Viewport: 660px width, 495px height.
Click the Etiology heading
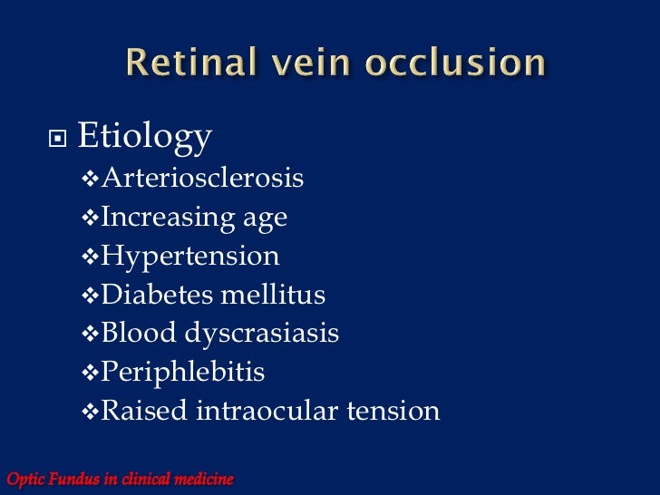tap(145, 138)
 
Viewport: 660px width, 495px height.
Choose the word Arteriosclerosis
tap(202, 179)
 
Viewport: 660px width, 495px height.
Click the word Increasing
tap(155, 218)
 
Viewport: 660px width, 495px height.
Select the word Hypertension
tap(190, 257)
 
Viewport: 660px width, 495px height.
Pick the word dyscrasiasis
tap(263, 335)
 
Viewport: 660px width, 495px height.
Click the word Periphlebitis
tap(183, 373)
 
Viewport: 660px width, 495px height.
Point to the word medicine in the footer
tap(201, 479)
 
